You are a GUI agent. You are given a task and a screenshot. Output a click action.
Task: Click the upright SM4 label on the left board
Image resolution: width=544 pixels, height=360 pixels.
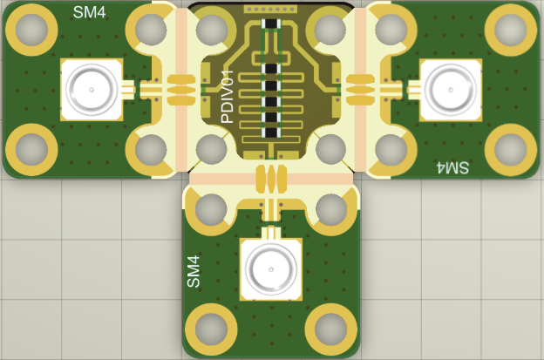[x=89, y=12]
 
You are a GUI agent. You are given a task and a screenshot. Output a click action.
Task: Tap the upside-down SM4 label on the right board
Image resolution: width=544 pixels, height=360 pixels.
[x=452, y=167]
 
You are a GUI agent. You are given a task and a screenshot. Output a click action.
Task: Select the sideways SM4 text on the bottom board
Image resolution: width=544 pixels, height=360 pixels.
[x=194, y=271]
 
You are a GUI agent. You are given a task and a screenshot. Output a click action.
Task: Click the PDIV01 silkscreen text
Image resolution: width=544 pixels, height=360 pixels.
[x=228, y=97]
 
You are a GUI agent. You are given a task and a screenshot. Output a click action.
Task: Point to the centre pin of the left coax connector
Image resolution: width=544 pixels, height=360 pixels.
[x=92, y=90]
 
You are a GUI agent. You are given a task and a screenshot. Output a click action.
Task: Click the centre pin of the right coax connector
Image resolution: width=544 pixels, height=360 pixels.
[x=451, y=90]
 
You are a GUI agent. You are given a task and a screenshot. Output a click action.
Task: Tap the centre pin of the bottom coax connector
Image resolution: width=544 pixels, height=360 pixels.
[x=271, y=269]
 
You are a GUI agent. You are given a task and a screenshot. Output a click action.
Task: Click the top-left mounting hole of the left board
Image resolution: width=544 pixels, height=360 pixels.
[x=31, y=30]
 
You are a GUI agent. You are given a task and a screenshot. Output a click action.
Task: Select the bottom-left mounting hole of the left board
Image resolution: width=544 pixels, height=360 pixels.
[x=31, y=149]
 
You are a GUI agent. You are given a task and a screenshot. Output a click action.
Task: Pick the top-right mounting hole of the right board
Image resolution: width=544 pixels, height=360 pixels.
[x=511, y=30]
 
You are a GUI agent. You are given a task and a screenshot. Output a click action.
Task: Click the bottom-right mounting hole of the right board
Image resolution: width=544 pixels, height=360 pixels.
[x=511, y=149]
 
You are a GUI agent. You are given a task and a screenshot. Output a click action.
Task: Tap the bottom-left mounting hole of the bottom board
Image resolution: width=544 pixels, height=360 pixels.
[x=211, y=329]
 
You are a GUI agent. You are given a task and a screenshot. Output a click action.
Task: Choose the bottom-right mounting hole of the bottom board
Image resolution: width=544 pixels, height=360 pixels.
[x=331, y=329]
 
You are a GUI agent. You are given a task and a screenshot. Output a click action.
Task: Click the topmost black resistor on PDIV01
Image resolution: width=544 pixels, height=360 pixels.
[x=271, y=24]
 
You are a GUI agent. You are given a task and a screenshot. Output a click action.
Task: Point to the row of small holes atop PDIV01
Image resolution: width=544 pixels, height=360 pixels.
[x=270, y=9]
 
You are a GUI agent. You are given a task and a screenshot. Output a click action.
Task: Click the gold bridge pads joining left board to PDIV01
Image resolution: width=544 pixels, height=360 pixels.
[x=181, y=90]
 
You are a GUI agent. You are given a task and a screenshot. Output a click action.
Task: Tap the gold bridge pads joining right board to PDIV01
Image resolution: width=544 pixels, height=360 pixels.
[x=361, y=90]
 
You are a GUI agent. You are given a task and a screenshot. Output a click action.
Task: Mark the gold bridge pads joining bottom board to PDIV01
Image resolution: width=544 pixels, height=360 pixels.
[x=271, y=179]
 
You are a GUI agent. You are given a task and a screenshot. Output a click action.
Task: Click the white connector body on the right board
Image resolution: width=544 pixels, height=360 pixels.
[x=451, y=90]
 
